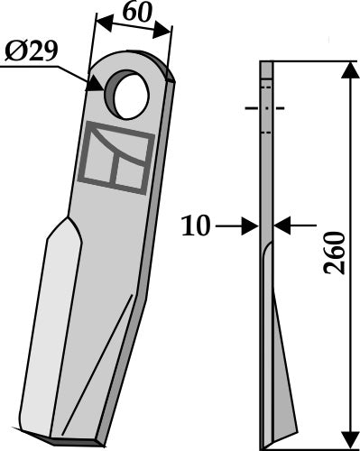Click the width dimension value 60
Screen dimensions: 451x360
click(x=135, y=15)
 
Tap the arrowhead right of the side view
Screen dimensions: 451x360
click(x=278, y=225)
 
